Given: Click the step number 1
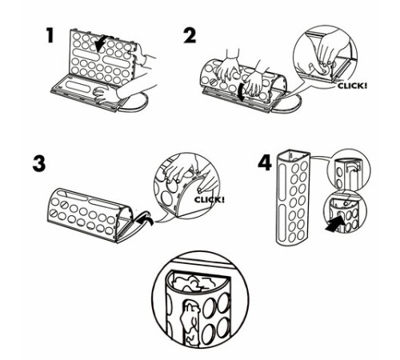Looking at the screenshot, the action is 50,36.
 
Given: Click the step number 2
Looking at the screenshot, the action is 190,36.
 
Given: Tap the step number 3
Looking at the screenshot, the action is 39,164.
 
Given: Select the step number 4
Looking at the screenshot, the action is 265,163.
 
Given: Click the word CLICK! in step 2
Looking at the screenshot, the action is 352,86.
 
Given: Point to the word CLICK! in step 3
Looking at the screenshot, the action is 210,199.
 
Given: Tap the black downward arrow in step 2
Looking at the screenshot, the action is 242,93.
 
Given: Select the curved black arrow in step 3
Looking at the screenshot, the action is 145,217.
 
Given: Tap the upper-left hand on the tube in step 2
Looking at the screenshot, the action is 229,66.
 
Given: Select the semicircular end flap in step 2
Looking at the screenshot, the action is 294,104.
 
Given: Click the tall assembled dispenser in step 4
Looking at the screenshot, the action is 293,198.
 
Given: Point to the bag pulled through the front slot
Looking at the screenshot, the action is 190,322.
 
